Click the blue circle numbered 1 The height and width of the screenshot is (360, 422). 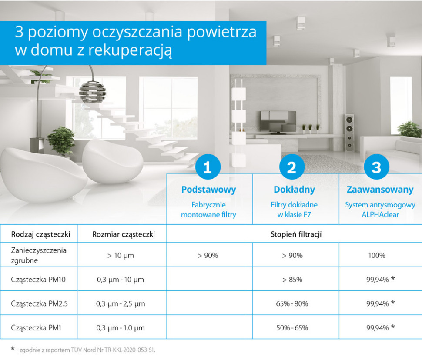click(208, 167)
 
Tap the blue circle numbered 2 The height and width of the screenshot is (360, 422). click(291, 167)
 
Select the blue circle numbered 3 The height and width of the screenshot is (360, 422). click(376, 167)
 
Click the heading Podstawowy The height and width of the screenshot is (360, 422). click(208, 190)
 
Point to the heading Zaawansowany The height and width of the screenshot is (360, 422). click(380, 190)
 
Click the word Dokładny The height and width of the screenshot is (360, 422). click(294, 190)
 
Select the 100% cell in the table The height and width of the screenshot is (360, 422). click(377, 255)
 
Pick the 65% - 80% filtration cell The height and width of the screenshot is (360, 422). click(292, 303)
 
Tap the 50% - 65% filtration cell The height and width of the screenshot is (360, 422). click(292, 327)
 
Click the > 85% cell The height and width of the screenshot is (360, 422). click(292, 280)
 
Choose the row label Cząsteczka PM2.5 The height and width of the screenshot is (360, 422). click(39, 303)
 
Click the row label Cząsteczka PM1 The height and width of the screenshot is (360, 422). click(36, 327)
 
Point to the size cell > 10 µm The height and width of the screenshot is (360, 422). click(121, 255)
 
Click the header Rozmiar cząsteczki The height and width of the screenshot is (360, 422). click(123, 235)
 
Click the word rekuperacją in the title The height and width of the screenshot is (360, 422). click(130, 50)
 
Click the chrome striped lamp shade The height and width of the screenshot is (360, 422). click(92, 91)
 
